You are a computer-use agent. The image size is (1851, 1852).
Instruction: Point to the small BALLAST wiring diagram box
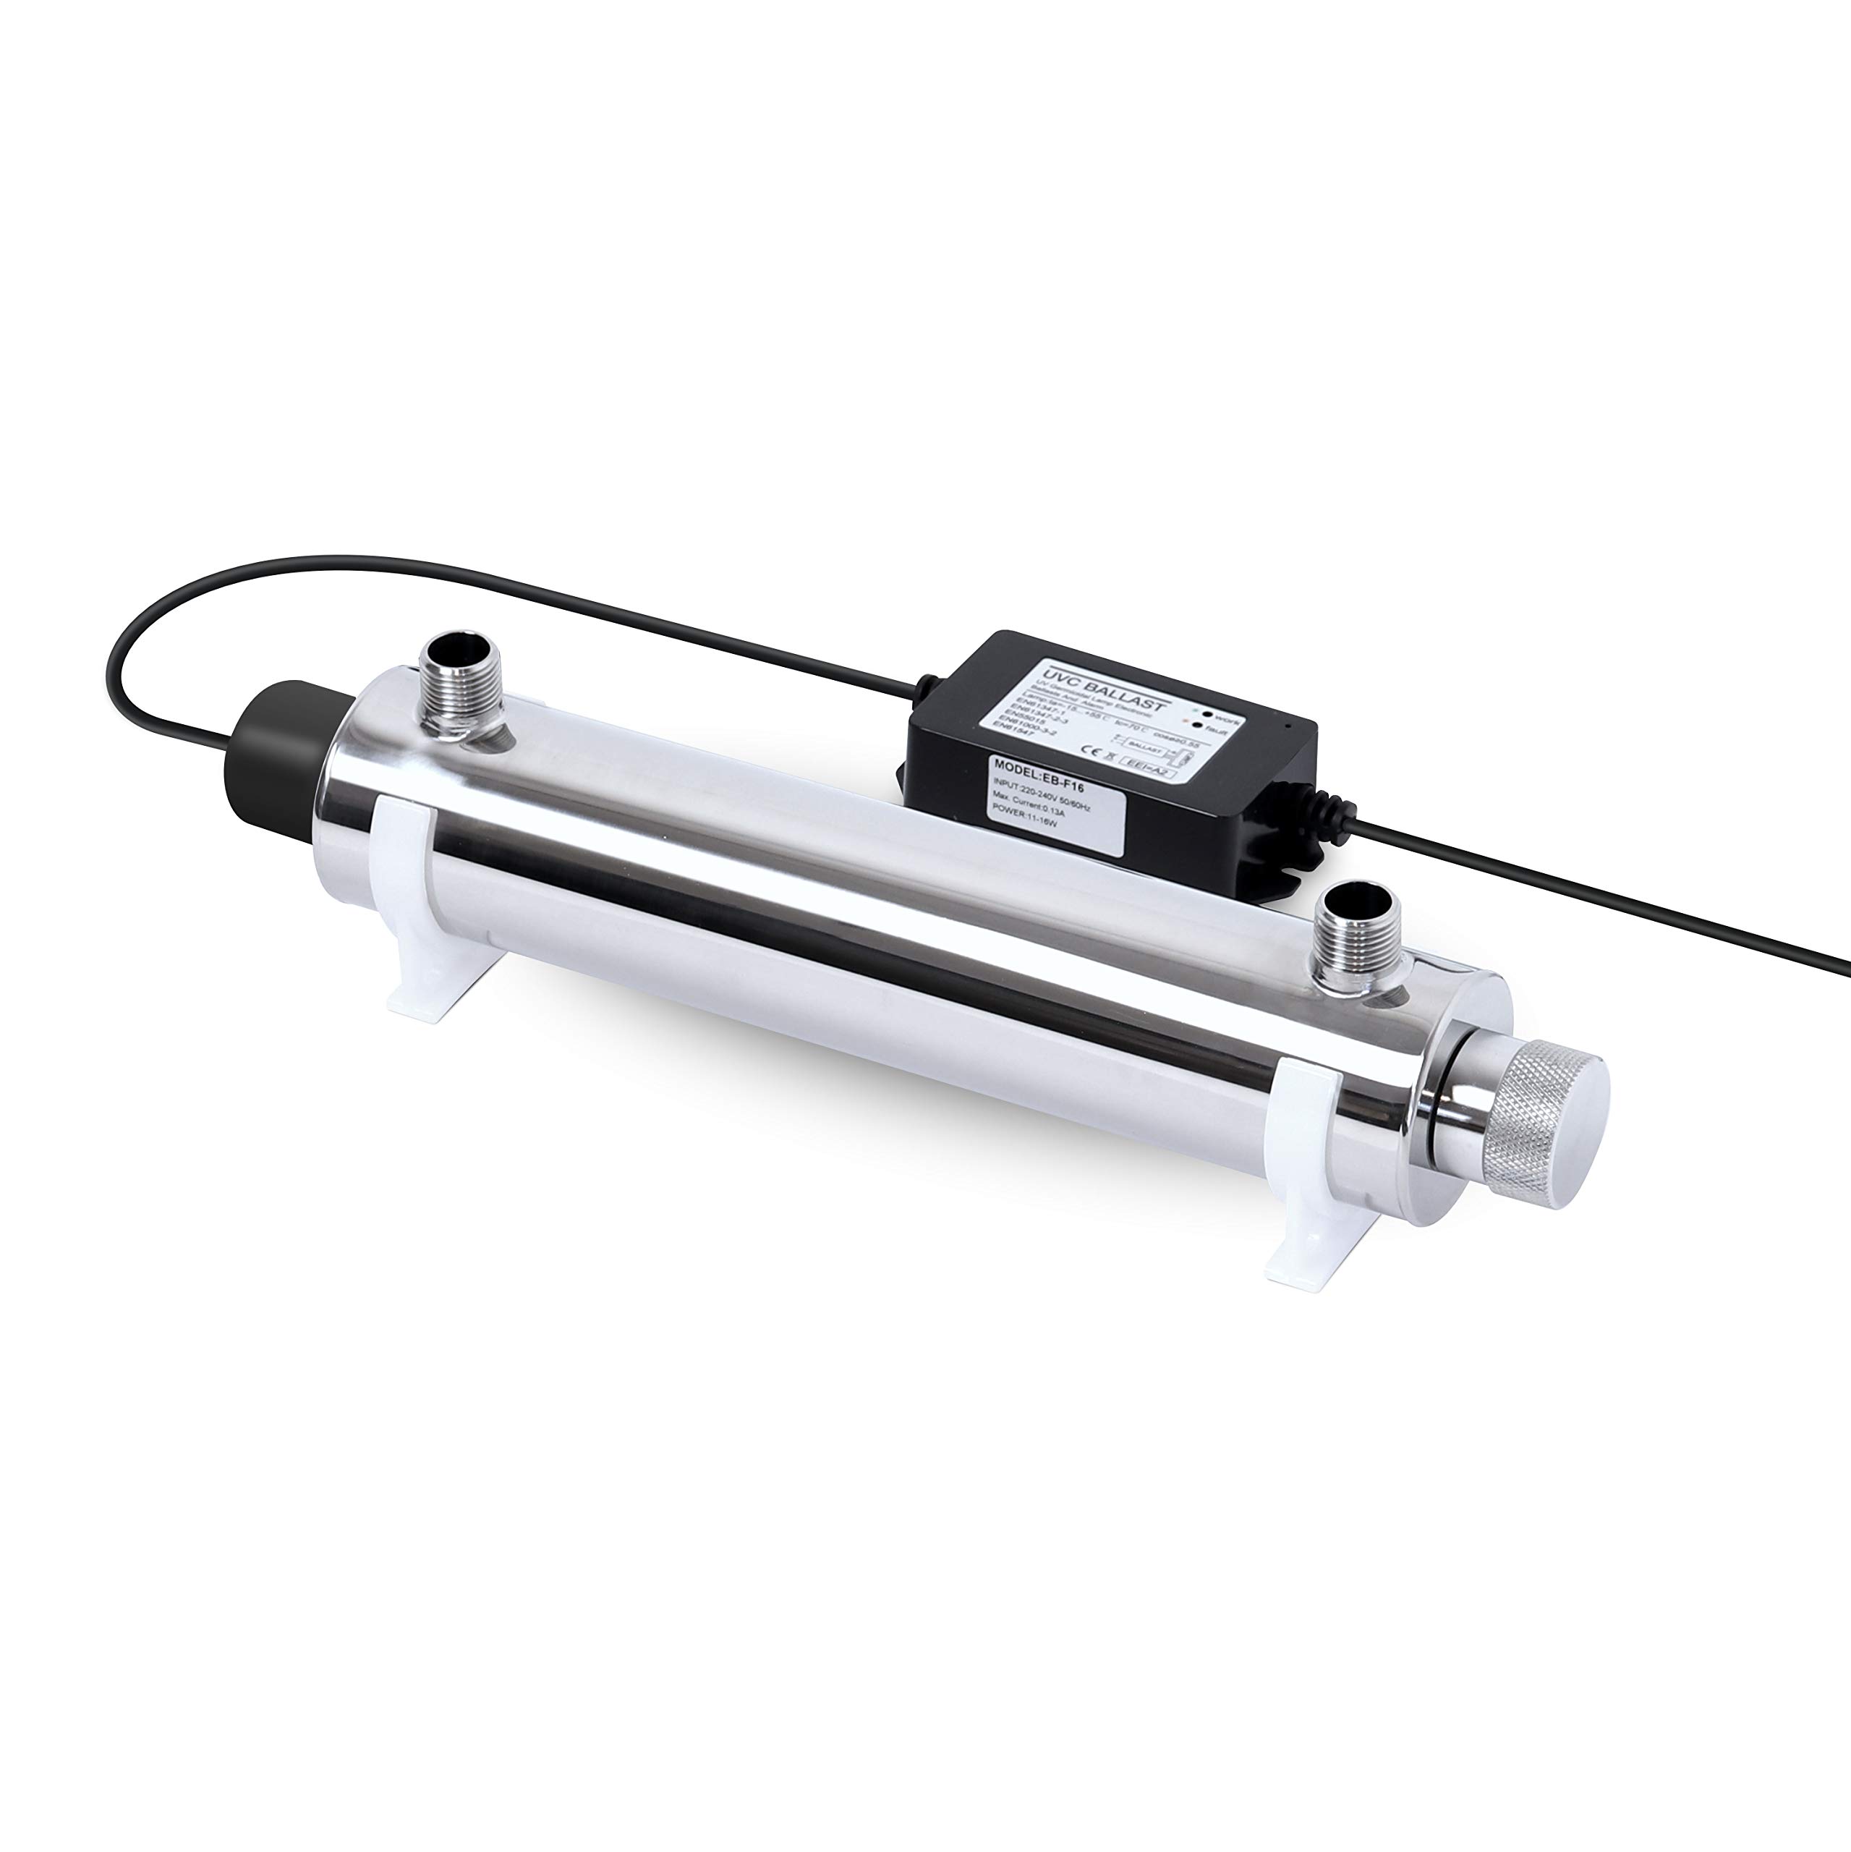1146,749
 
